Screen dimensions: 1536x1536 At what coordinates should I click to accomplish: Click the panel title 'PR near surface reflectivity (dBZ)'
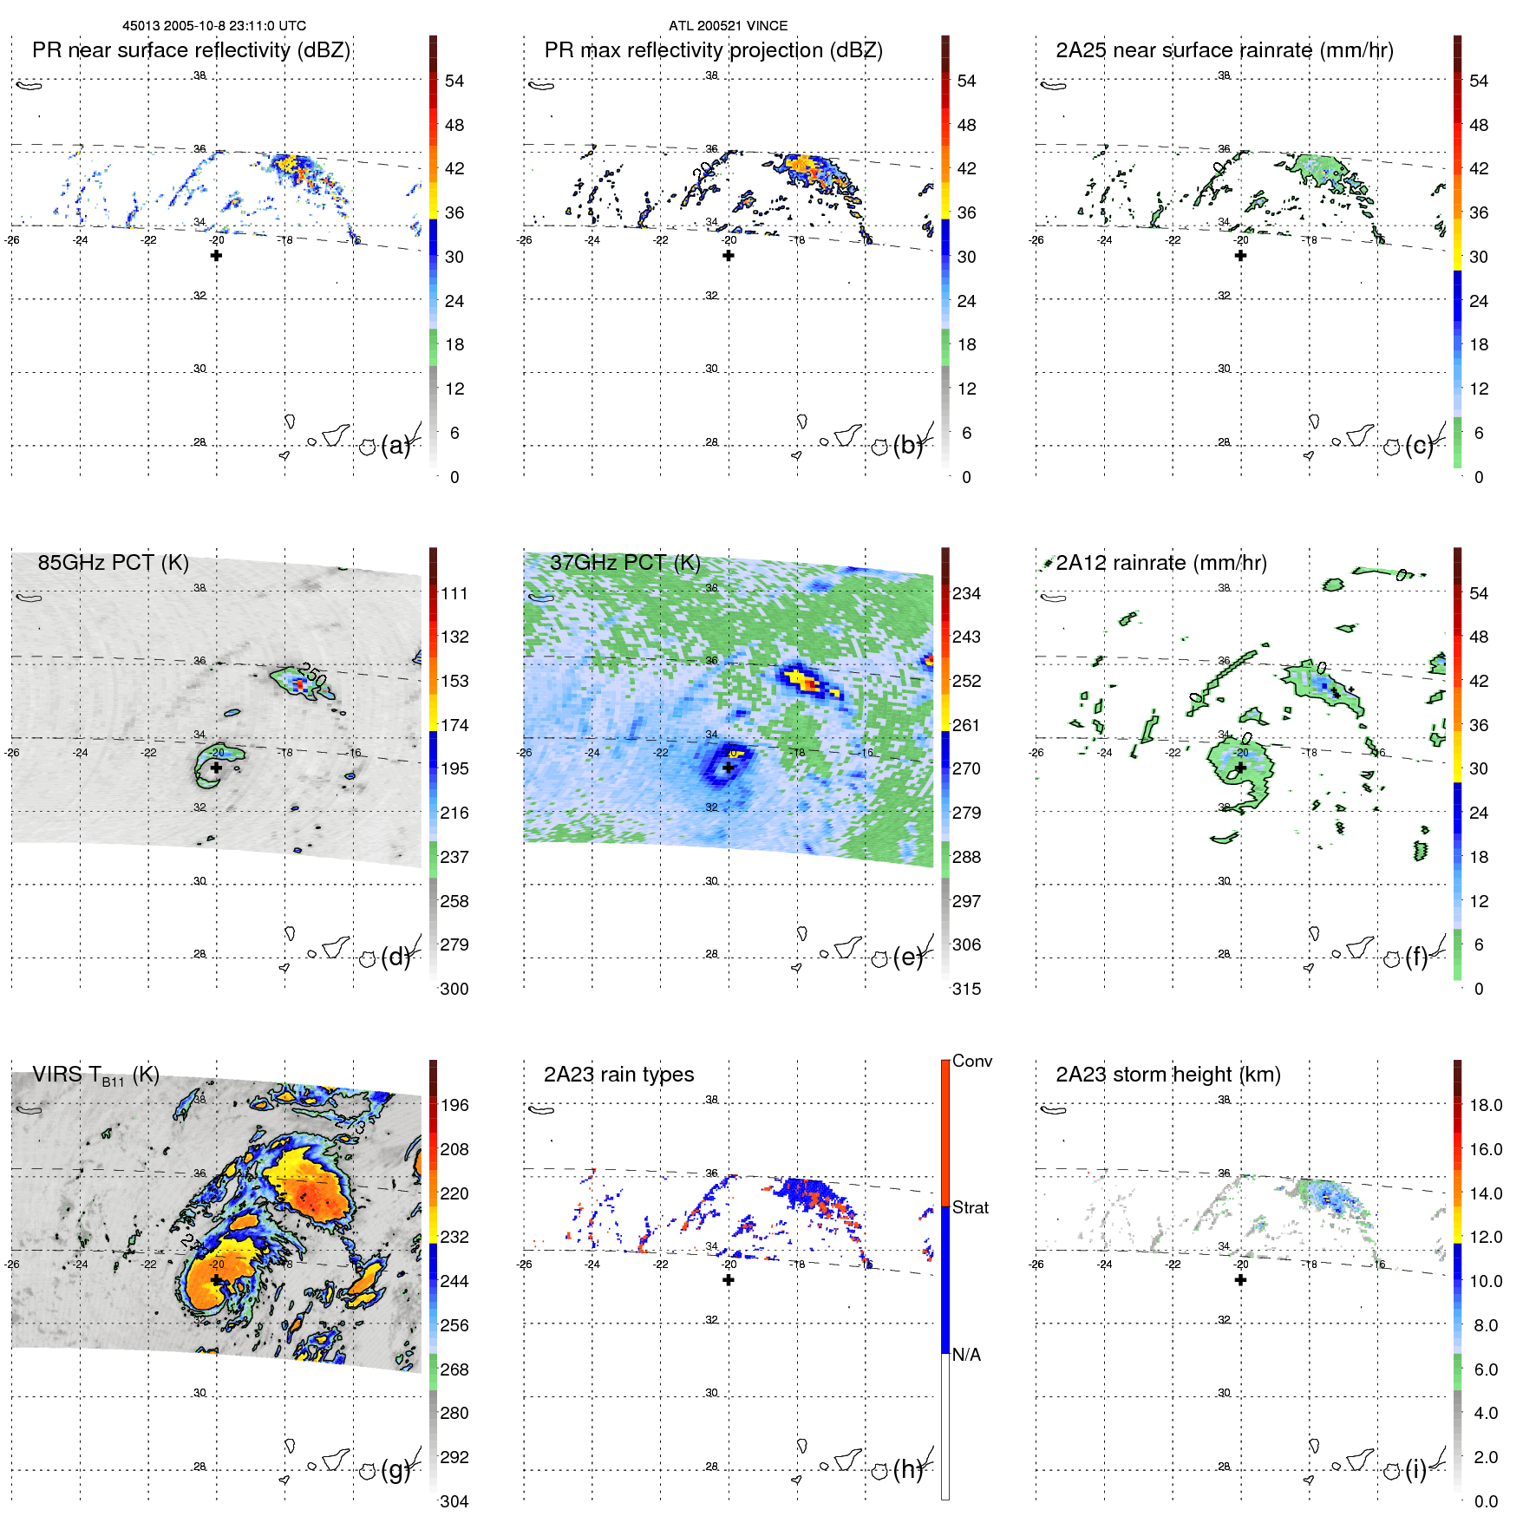pyautogui.click(x=191, y=50)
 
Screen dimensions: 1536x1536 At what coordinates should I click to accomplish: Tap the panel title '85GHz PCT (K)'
pyautogui.click(x=113, y=563)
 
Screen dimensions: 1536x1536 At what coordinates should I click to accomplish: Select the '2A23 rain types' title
pyautogui.click(x=618, y=1075)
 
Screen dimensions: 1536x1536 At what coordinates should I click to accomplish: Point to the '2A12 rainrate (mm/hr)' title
pyautogui.click(x=1160, y=563)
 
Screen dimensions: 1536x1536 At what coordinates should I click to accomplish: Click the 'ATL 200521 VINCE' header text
pyautogui.click(x=728, y=26)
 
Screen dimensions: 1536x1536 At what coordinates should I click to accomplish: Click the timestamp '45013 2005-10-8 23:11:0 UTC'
pyautogui.click(x=214, y=26)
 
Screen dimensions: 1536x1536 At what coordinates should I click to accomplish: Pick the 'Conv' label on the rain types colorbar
pyautogui.click(x=971, y=1061)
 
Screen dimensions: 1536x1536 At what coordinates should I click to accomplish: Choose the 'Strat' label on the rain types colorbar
pyautogui.click(x=970, y=1207)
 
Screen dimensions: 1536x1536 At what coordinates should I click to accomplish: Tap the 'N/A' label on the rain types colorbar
pyautogui.click(x=966, y=1355)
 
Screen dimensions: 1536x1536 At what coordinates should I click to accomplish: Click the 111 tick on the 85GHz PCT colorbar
pyautogui.click(x=454, y=593)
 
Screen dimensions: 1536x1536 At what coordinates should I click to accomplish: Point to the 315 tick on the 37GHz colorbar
pyautogui.click(x=966, y=989)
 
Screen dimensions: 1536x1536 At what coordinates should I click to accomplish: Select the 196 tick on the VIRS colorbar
pyautogui.click(x=454, y=1105)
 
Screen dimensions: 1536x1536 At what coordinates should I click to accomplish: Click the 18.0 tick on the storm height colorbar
pyautogui.click(x=1485, y=1105)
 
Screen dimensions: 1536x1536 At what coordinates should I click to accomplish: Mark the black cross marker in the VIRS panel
pyautogui.click(x=216, y=1280)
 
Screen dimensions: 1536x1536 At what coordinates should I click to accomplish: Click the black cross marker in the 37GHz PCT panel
pyautogui.click(x=729, y=768)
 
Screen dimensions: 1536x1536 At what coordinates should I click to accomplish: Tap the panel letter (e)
pyautogui.click(x=907, y=957)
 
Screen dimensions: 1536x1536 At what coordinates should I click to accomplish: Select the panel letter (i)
pyautogui.click(x=1415, y=1468)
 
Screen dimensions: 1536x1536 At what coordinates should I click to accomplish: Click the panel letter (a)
pyautogui.click(x=395, y=445)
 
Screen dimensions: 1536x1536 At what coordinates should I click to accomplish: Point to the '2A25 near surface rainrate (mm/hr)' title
pyautogui.click(x=1224, y=50)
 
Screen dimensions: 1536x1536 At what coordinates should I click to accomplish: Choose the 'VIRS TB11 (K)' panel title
pyautogui.click(x=95, y=1075)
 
